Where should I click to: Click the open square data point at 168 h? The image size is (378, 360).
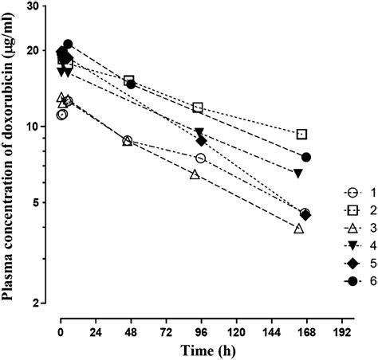point(301,135)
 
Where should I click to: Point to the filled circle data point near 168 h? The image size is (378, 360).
point(306,157)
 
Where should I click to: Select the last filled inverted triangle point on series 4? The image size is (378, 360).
point(298,173)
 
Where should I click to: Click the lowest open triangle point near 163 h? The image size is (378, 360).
point(299,229)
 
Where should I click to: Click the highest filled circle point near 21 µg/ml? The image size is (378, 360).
point(68,45)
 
